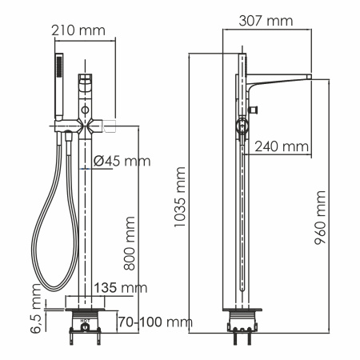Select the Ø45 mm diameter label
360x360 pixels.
click(x=121, y=161)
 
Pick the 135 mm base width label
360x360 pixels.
click(x=121, y=286)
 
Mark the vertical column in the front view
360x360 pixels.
click(x=86, y=216)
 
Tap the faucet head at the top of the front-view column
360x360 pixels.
click(x=86, y=83)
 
